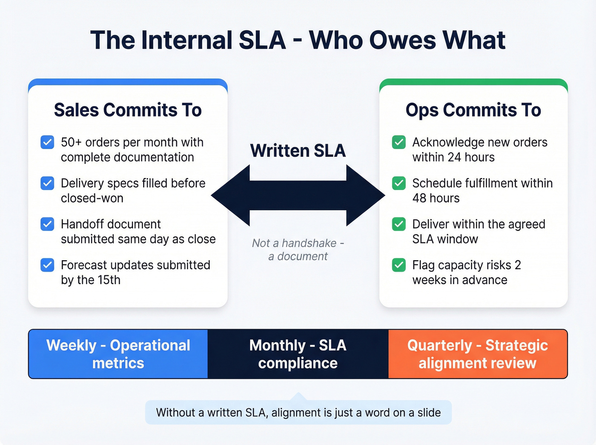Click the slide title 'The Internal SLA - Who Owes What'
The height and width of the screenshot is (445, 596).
(298, 40)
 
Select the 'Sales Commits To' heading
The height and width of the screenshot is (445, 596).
(128, 110)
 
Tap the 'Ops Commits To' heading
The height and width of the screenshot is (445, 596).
(473, 110)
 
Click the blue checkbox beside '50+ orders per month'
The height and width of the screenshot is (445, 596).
(47, 142)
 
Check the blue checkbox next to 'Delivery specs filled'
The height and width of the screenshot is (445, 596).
(47, 183)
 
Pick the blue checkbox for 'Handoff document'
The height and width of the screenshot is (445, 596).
(47, 224)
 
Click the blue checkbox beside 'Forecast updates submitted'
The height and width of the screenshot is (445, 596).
(47, 265)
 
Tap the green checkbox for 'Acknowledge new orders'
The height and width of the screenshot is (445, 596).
(399, 142)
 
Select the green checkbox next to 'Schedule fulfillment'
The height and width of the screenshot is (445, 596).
(399, 183)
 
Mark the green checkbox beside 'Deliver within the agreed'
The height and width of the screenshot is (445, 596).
(399, 224)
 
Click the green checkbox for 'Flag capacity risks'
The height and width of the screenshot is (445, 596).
(399, 265)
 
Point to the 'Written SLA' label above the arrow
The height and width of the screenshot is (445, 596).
(298, 151)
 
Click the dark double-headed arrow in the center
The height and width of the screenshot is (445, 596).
(298, 195)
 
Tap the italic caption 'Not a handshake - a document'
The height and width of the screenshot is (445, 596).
(298, 250)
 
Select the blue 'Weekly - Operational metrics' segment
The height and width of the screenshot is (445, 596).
(118, 354)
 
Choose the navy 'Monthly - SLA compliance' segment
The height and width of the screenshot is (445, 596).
(298, 354)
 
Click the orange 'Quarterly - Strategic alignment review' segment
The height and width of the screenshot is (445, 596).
(477, 354)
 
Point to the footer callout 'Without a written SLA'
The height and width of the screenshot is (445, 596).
(298, 412)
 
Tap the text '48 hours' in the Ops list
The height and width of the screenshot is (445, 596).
(436, 198)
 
